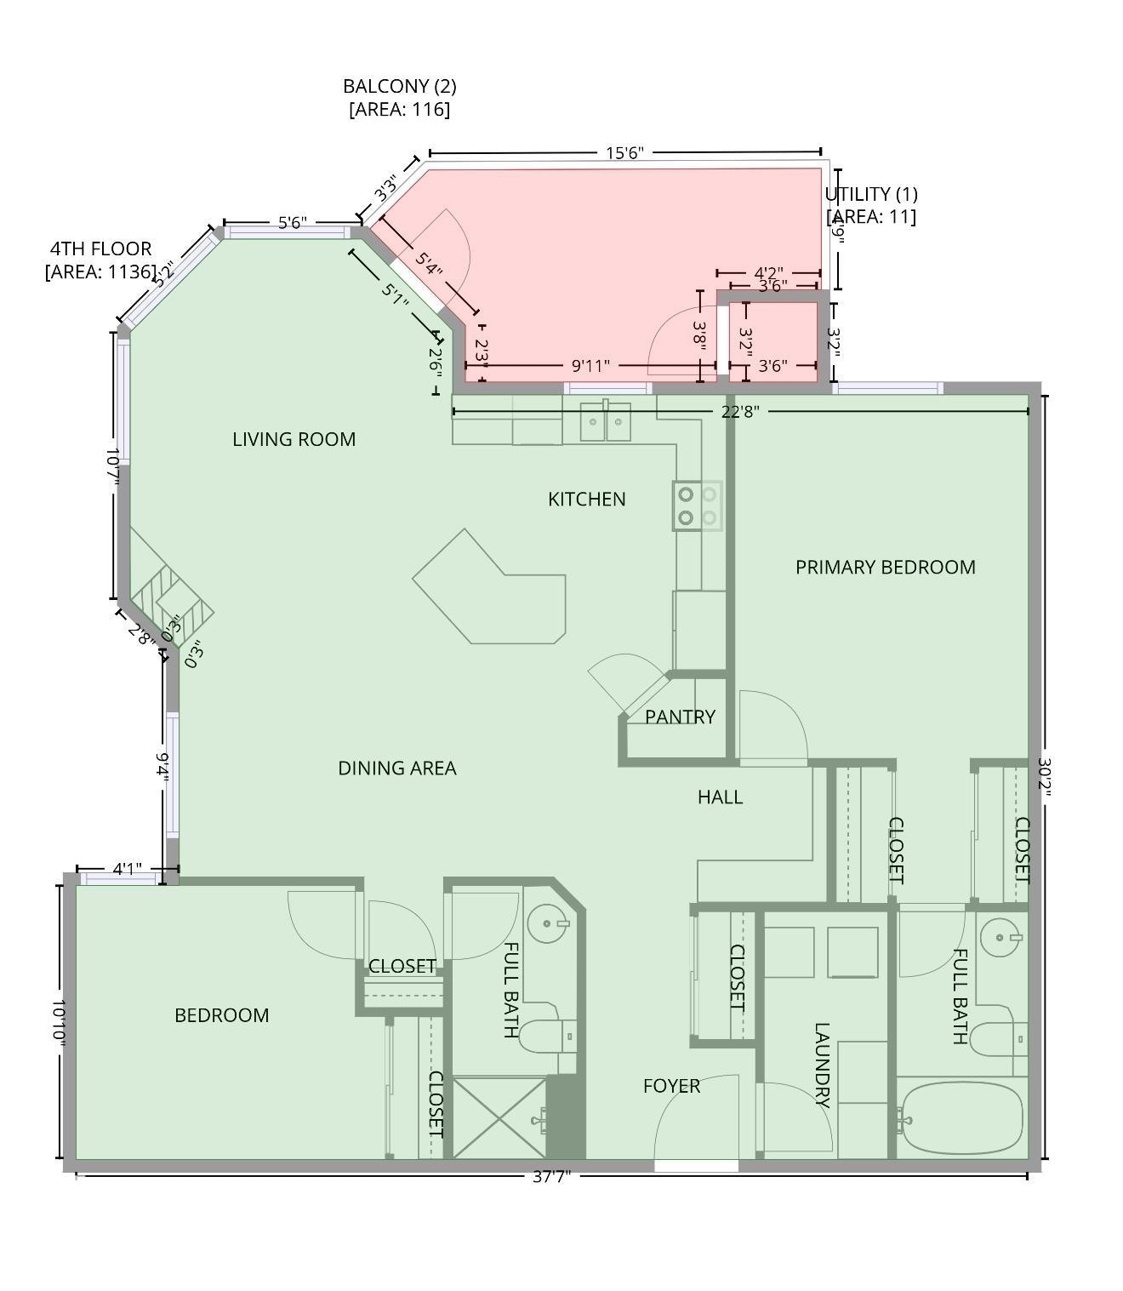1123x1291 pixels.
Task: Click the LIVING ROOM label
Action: (294, 439)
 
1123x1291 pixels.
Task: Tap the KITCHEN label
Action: (586, 499)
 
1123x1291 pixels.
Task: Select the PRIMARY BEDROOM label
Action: (885, 567)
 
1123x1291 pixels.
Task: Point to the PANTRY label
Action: (679, 717)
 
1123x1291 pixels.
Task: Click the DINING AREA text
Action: (396, 768)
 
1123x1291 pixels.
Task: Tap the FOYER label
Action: (671, 1086)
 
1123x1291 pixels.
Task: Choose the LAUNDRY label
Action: (822, 1065)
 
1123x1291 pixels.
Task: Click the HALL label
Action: (720, 797)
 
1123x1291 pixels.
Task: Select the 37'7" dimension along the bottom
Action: (551, 1176)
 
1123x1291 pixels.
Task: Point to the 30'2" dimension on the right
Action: (1045, 777)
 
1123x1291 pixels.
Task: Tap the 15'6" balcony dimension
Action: (624, 153)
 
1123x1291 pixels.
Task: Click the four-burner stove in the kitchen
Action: (698, 506)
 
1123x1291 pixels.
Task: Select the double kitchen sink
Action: (606, 422)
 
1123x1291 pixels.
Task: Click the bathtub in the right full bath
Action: (961, 1117)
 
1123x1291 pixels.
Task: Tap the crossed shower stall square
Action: (499, 1117)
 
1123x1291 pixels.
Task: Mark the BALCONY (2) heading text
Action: (399, 86)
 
